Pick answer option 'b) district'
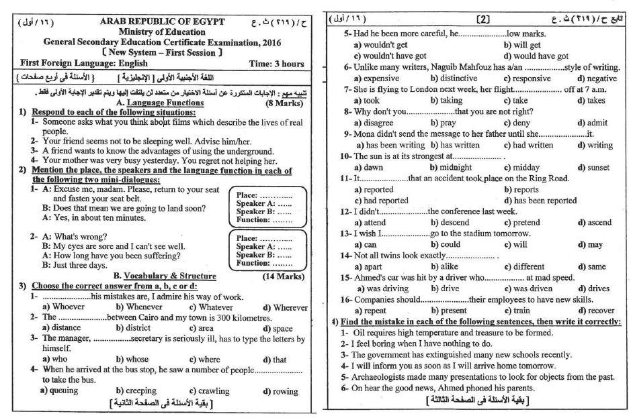pyautogui.click(x=136, y=328)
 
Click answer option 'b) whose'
pyautogui.click(x=134, y=359)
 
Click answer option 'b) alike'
pyautogui.click(x=444, y=266)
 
